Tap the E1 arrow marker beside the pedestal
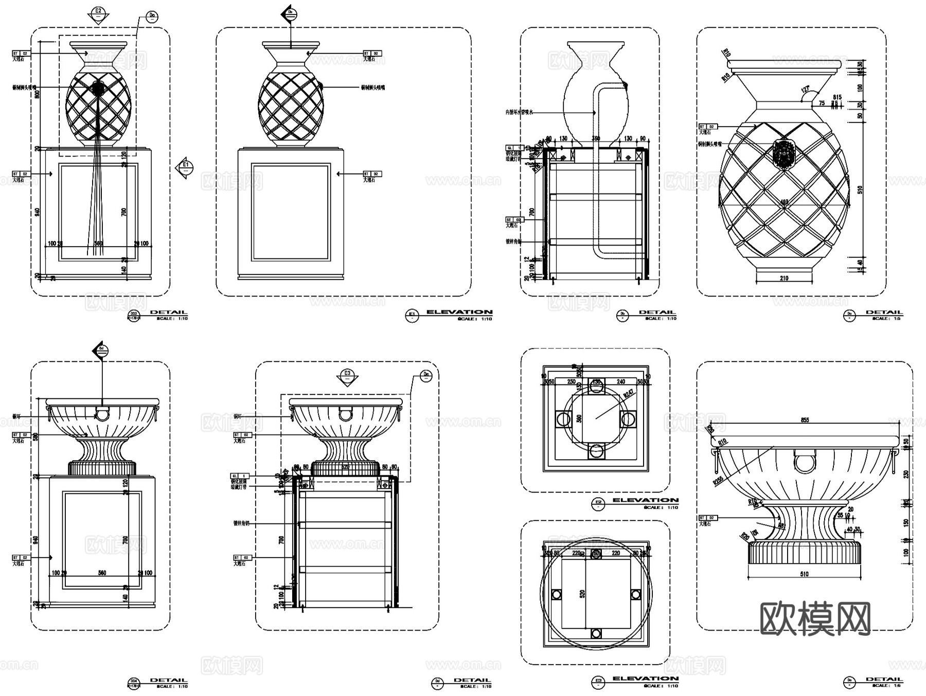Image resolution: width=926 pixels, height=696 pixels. [x=186, y=167]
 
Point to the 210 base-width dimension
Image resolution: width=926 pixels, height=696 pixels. [x=783, y=279]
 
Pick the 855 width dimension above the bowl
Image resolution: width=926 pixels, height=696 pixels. [x=805, y=420]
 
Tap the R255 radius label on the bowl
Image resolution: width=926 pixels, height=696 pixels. [x=718, y=480]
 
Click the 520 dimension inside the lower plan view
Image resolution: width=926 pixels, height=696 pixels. [x=582, y=594]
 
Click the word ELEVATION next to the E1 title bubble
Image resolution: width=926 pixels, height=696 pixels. [x=459, y=312]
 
